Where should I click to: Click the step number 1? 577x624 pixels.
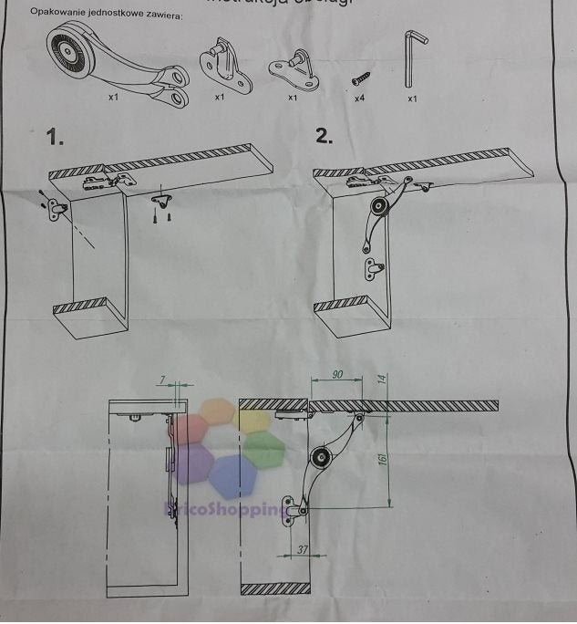(57, 139)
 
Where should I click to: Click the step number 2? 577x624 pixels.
(324, 137)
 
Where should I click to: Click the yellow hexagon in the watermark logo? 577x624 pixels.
(219, 411)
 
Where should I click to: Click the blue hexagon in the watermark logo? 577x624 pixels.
(232, 475)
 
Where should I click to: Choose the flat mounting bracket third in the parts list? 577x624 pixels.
(293, 68)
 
